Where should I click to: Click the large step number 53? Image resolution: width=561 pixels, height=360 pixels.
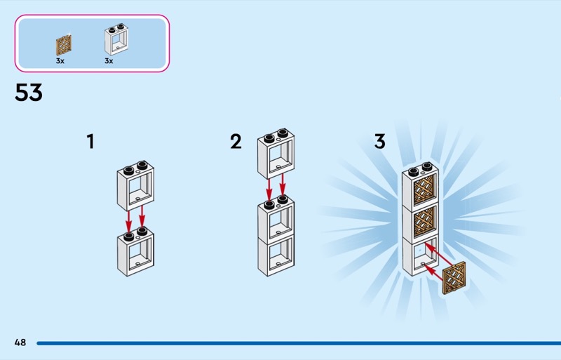[29, 93]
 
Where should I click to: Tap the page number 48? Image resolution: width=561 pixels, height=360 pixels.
[20, 342]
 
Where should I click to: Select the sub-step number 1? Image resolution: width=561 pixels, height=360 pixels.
[90, 142]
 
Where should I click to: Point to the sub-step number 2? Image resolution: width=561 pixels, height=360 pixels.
[236, 142]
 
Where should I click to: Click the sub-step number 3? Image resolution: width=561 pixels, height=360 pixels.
[379, 142]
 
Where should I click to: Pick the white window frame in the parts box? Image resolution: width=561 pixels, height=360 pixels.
[117, 40]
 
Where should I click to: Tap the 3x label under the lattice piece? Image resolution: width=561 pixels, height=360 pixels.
[60, 61]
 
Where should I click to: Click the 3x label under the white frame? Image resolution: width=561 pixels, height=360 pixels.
[109, 61]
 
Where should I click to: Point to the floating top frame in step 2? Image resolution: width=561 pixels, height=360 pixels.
[276, 154]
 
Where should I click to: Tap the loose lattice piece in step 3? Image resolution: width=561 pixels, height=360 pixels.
[454, 277]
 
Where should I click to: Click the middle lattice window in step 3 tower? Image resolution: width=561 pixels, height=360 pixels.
[421, 222]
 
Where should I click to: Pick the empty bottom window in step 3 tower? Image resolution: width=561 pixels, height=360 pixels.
[421, 256]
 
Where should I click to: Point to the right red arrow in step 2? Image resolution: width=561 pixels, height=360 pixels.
[283, 187]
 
